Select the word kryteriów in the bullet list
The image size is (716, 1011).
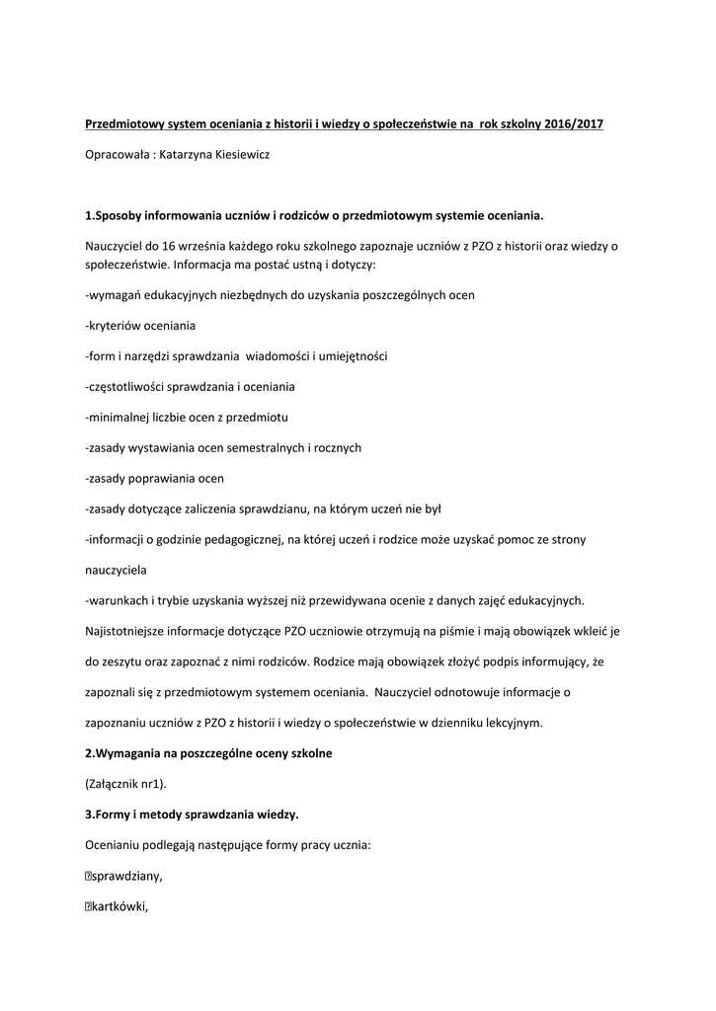pyautogui.click(x=115, y=326)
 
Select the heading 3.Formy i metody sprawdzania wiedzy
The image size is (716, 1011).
pyautogui.click(x=192, y=815)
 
